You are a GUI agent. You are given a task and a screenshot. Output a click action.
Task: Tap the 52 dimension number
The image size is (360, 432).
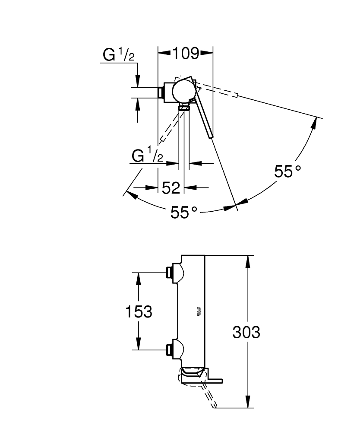click(171, 188)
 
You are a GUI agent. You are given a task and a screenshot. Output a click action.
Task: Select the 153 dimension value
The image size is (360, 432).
click(139, 311)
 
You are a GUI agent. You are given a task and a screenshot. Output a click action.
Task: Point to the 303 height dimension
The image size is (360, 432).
click(246, 332)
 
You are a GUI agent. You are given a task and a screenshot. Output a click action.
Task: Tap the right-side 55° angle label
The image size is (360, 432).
click(287, 171)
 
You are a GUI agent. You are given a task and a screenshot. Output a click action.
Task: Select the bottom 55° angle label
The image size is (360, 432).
click(183, 212)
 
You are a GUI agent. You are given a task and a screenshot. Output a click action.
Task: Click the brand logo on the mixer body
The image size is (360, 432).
click(199, 311)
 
